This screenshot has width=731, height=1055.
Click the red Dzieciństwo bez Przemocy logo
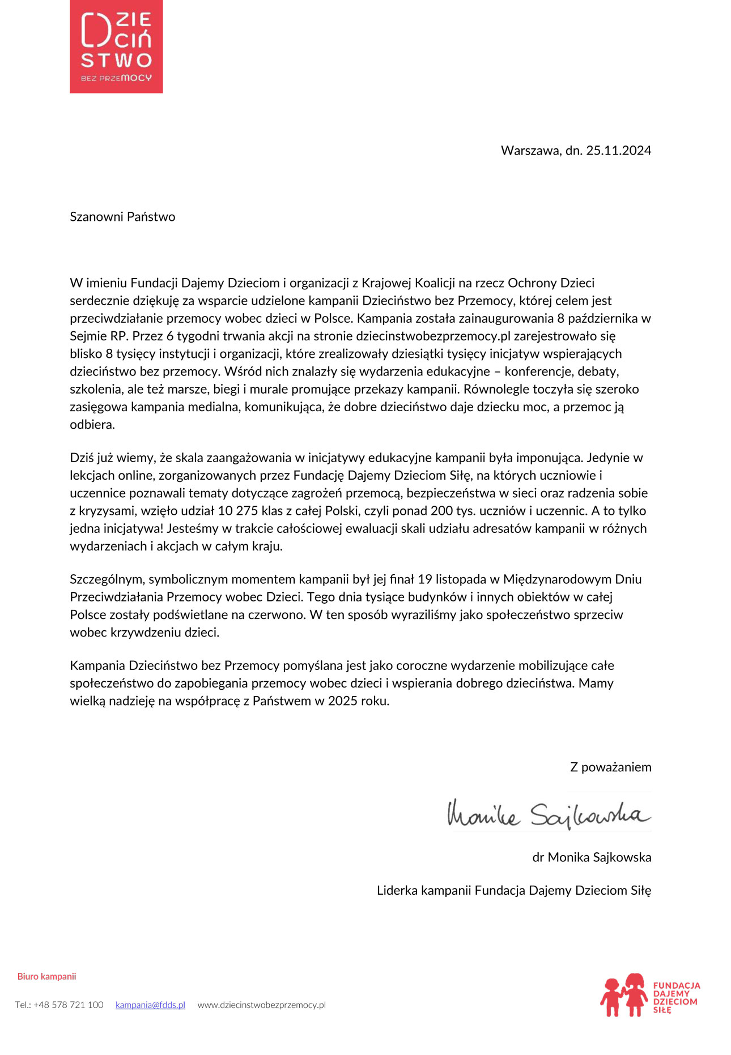point(116,46)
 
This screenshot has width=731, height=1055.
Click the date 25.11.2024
point(618,151)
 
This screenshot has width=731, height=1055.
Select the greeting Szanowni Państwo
point(122,217)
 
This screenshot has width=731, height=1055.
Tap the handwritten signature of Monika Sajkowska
point(548,814)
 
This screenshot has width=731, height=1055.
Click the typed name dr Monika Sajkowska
point(592,857)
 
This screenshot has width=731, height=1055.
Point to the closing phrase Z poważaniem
point(610,767)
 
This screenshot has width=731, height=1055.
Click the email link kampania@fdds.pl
point(150,1005)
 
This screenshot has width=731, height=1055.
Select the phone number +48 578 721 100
point(68,1005)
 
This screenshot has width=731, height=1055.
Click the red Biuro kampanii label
point(46,976)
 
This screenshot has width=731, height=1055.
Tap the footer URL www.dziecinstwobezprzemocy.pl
point(261,1005)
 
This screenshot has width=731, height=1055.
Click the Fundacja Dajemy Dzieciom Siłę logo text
point(676,997)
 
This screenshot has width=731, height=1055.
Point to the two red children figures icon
point(624,995)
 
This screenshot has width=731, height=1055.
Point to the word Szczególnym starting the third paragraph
point(107,579)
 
